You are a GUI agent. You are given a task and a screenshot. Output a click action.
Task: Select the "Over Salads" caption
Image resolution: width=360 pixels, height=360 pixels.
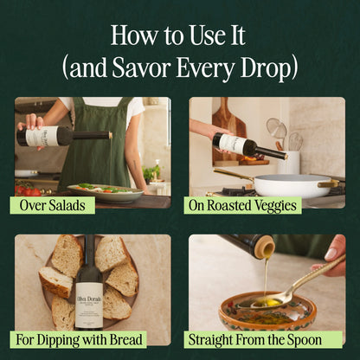pos(52,205)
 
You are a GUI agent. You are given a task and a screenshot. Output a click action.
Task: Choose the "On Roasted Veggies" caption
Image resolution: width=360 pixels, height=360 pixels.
pos(242,205)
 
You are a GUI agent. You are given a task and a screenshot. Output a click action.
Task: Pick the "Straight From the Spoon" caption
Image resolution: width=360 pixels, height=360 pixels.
pos(265,338)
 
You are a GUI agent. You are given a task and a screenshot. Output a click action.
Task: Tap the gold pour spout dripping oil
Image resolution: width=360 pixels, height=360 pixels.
pos(265,251)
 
